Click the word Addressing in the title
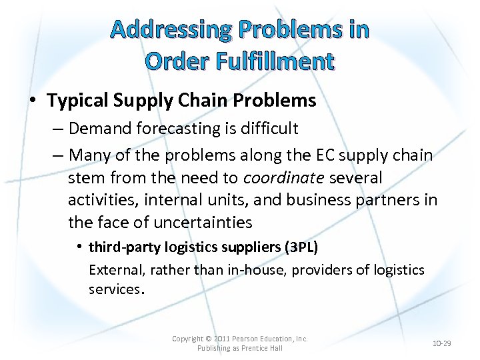coord(170,29)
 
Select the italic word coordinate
coord(283,178)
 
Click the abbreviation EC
coord(317,155)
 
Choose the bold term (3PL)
coord(301,247)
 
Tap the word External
coord(116,270)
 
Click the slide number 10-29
coord(442,343)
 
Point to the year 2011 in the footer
coord(221,339)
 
